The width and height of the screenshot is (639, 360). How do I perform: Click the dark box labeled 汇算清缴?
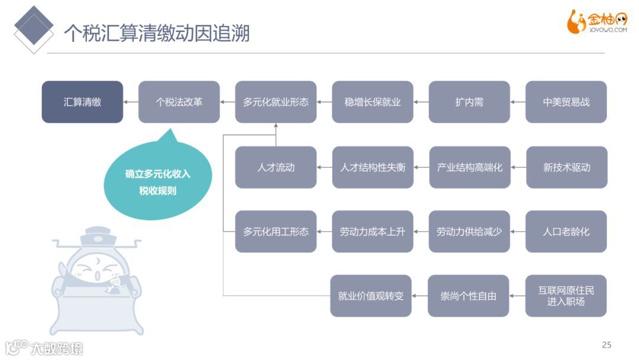coord(82,102)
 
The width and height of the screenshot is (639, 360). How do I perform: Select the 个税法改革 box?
coord(179,102)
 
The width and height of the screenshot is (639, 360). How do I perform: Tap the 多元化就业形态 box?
coord(276,102)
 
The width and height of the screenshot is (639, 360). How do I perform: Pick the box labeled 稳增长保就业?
coord(373,102)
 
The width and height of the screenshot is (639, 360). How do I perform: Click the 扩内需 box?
coord(469,102)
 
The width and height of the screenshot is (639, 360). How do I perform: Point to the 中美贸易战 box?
coord(566,102)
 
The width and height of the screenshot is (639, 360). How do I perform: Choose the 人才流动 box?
coord(276,168)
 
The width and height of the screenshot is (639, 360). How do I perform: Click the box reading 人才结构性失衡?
coord(373,168)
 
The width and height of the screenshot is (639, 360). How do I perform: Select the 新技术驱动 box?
coord(567,168)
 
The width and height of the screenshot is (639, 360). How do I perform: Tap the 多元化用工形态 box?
coord(276,232)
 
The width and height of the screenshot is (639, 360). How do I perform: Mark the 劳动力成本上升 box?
coord(373,232)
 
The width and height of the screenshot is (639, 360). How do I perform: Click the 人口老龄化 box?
coord(566,232)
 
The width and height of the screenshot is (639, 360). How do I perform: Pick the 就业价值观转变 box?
coord(371,295)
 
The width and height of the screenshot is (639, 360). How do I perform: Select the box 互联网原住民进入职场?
coord(566,295)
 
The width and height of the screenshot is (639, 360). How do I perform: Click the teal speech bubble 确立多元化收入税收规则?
coord(158,181)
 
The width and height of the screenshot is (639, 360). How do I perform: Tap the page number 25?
coord(606,345)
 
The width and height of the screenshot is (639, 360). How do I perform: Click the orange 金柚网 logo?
coord(596,22)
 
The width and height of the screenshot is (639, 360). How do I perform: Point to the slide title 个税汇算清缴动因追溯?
coord(156,33)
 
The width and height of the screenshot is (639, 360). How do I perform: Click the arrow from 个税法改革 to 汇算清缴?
coord(131,102)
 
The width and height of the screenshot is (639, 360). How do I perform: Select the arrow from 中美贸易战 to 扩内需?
coord(518,102)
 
